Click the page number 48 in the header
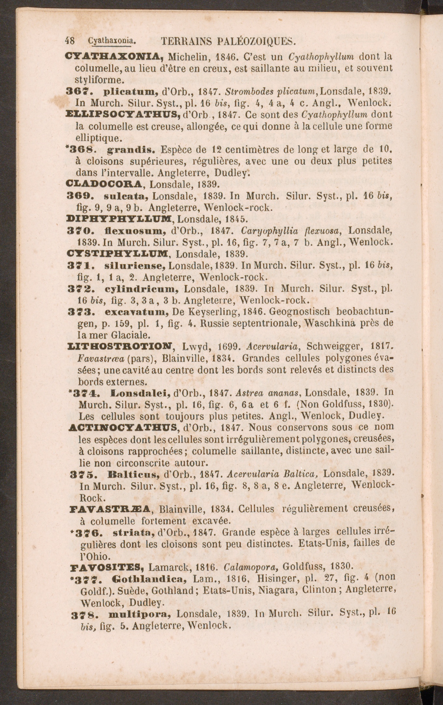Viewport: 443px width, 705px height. click(70, 41)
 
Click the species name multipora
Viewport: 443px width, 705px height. click(139, 614)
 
